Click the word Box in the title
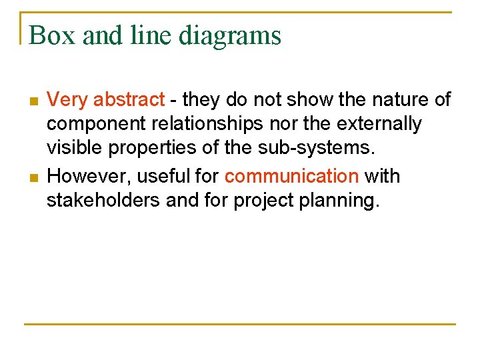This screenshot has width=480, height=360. pyautogui.click(x=51, y=35)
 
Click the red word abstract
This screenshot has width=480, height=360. pyautogui.click(x=129, y=100)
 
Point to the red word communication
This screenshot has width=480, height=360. pyautogui.click(x=291, y=176)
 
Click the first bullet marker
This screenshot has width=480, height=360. pyautogui.click(x=33, y=101)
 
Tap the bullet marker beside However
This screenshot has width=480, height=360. pyautogui.click(x=33, y=177)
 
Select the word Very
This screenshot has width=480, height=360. pyautogui.click(x=68, y=100)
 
